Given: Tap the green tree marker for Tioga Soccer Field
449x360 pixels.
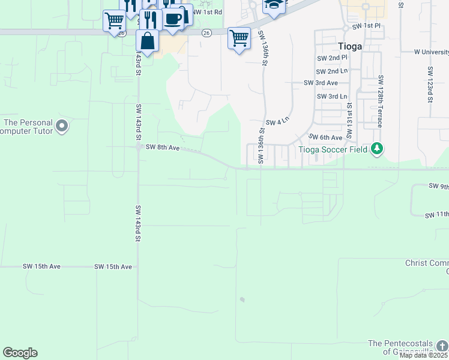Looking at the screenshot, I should click(376, 148).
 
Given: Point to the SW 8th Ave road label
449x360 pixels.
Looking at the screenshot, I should click(163, 147).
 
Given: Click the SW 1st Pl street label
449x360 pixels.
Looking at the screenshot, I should click(366, 26).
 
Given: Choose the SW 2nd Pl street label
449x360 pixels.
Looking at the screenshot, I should click(332, 58).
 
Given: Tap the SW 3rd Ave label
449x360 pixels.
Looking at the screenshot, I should click(321, 83).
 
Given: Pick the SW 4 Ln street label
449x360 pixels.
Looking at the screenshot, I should click(277, 120).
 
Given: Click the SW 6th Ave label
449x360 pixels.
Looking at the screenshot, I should click(325, 137).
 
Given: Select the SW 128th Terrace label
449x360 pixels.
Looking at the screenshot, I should click(381, 102).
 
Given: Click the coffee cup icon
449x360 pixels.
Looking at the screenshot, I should click(173, 19).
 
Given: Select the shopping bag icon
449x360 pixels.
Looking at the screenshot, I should click(147, 42).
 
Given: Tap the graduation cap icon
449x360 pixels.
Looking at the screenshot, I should click(274, 5).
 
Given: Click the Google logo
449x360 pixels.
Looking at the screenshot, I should click(20, 353).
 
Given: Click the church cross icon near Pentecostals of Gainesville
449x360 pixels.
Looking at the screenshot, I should click(442, 347).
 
